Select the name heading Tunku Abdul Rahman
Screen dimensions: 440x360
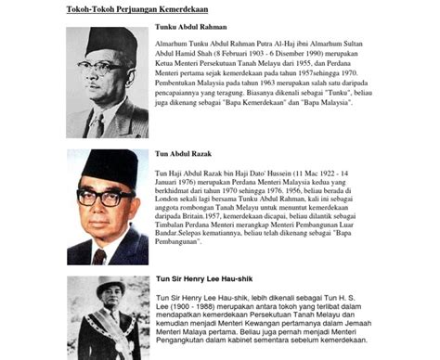tap(192, 27)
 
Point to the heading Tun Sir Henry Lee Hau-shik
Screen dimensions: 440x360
tap(205, 279)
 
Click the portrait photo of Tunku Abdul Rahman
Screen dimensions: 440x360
tap(107, 82)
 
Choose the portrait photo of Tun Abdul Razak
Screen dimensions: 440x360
tap(107, 206)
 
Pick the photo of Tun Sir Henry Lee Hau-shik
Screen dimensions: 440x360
tap(107, 317)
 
